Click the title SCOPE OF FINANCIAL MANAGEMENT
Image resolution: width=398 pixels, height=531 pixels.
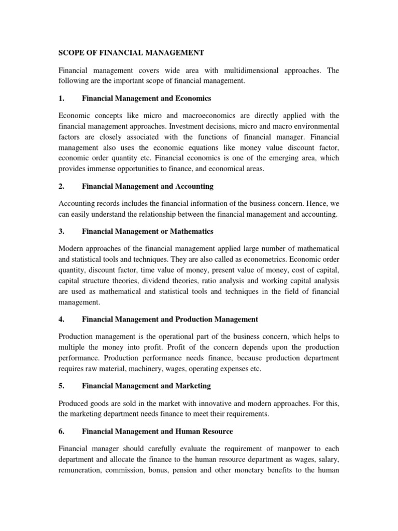pyautogui.click(x=131, y=52)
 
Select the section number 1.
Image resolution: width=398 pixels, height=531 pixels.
pyautogui.click(x=60, y=99)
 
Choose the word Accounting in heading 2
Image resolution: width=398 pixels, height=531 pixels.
pyautogui.click(x=192, y=186)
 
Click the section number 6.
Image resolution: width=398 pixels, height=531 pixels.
pyautogui.click(x=60, y=431)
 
